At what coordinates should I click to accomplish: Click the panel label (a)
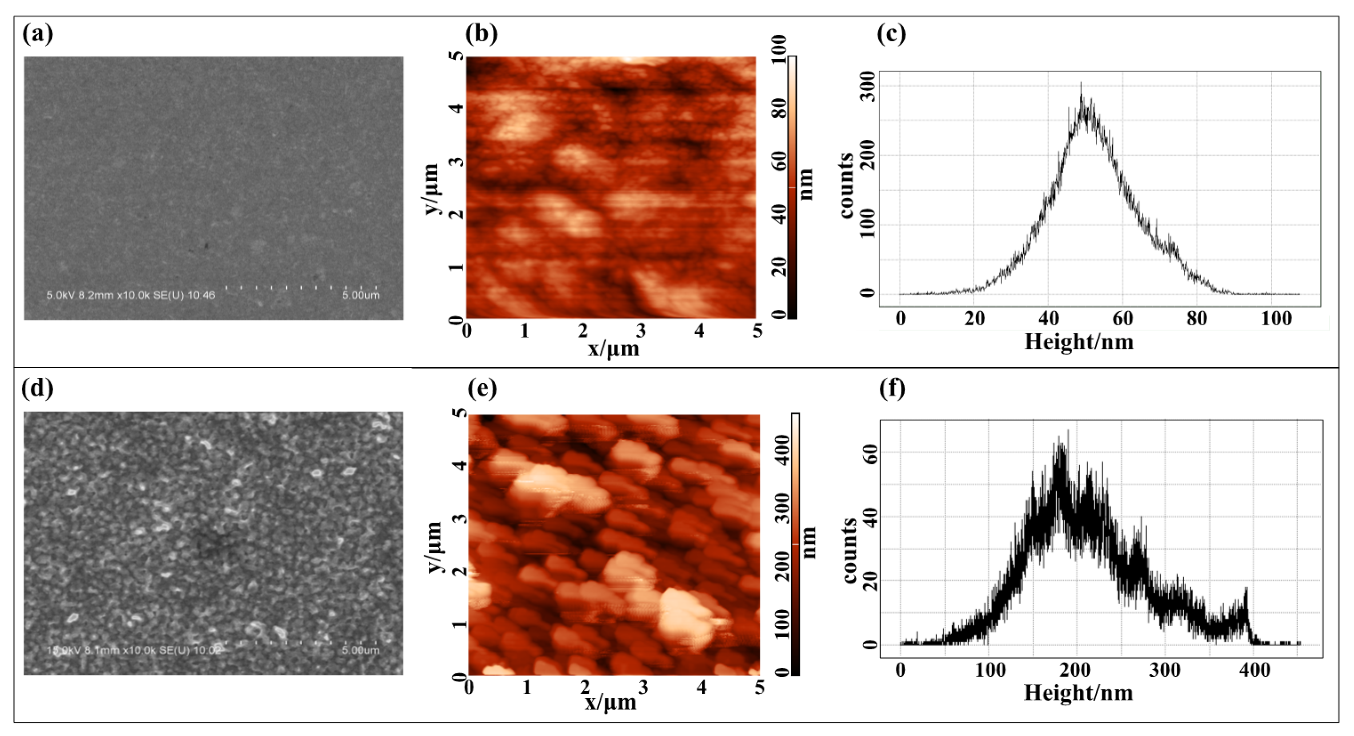click(x=37, y=34)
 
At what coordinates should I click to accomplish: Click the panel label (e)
click(x=482, y=388)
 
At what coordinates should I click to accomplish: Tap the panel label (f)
click(x=892, y=388)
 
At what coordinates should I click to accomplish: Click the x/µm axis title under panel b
click(x=613, y=348)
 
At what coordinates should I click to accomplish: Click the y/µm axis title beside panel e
click(x=435, y=547)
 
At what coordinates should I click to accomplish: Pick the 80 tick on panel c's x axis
click(x=1196, y=319)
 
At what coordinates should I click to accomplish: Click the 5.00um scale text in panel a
click(x=361, y=296)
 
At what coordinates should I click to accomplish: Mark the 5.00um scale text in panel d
click(x=361, y=650)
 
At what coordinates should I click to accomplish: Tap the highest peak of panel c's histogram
click(x=1081, y=84)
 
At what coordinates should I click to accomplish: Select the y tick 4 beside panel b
click(x=458, y=109)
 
